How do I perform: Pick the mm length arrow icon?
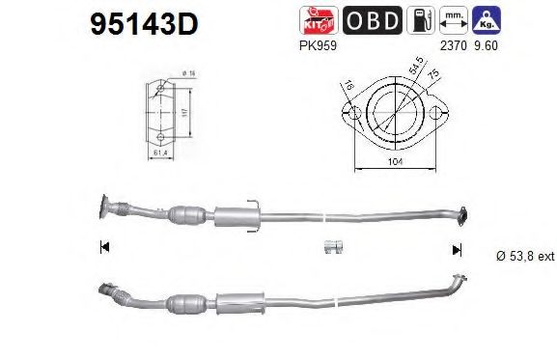pos(448,20)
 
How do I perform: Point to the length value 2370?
pos(450,44)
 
